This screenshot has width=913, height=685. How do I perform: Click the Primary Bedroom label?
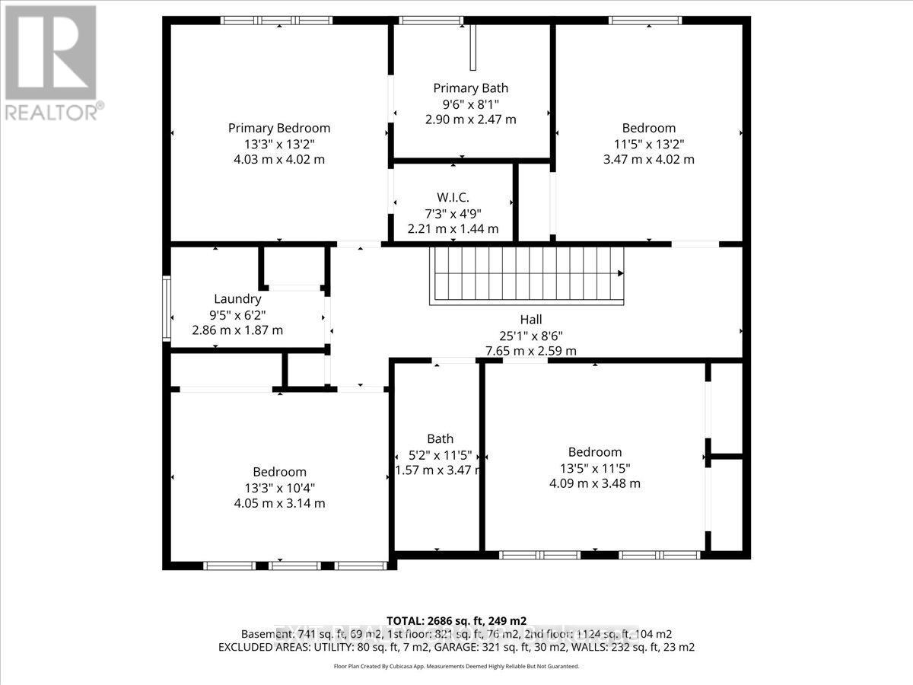click(279, 128)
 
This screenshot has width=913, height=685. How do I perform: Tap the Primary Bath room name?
click(470, 88)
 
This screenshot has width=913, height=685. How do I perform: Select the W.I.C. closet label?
click(453, 198)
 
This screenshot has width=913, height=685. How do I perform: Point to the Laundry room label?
click(237, 299)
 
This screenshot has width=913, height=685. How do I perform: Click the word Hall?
click(531, 320)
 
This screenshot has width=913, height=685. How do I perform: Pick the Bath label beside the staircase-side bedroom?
click(440, 438)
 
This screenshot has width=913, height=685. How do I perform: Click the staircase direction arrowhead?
click(621, 272)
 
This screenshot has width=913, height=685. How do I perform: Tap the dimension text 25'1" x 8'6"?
click(531, 336)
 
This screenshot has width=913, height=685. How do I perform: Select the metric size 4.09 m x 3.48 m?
click(594, 483)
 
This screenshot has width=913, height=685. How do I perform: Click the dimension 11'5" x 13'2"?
click(648, 144)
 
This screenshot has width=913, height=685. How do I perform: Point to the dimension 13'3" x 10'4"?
click(280, 488)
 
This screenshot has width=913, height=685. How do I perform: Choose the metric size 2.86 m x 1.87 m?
click(237, 330)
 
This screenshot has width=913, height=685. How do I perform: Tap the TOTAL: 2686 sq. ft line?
click(456, 620)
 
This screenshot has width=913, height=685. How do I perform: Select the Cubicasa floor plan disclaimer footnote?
click(456, 666)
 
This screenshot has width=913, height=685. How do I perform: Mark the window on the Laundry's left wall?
click(167, 307)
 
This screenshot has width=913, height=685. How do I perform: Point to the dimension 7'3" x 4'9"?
click(453, 213)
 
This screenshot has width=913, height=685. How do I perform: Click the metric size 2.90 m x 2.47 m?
click(470, 119)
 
